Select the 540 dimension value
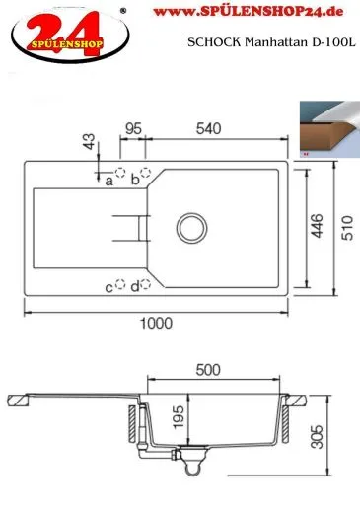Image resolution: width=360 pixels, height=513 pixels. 208,128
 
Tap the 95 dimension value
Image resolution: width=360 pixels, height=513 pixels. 133,128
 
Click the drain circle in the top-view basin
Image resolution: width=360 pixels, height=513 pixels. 189,223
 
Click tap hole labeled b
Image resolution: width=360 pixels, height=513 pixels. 146,173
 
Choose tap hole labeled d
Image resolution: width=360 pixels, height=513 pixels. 146,285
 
